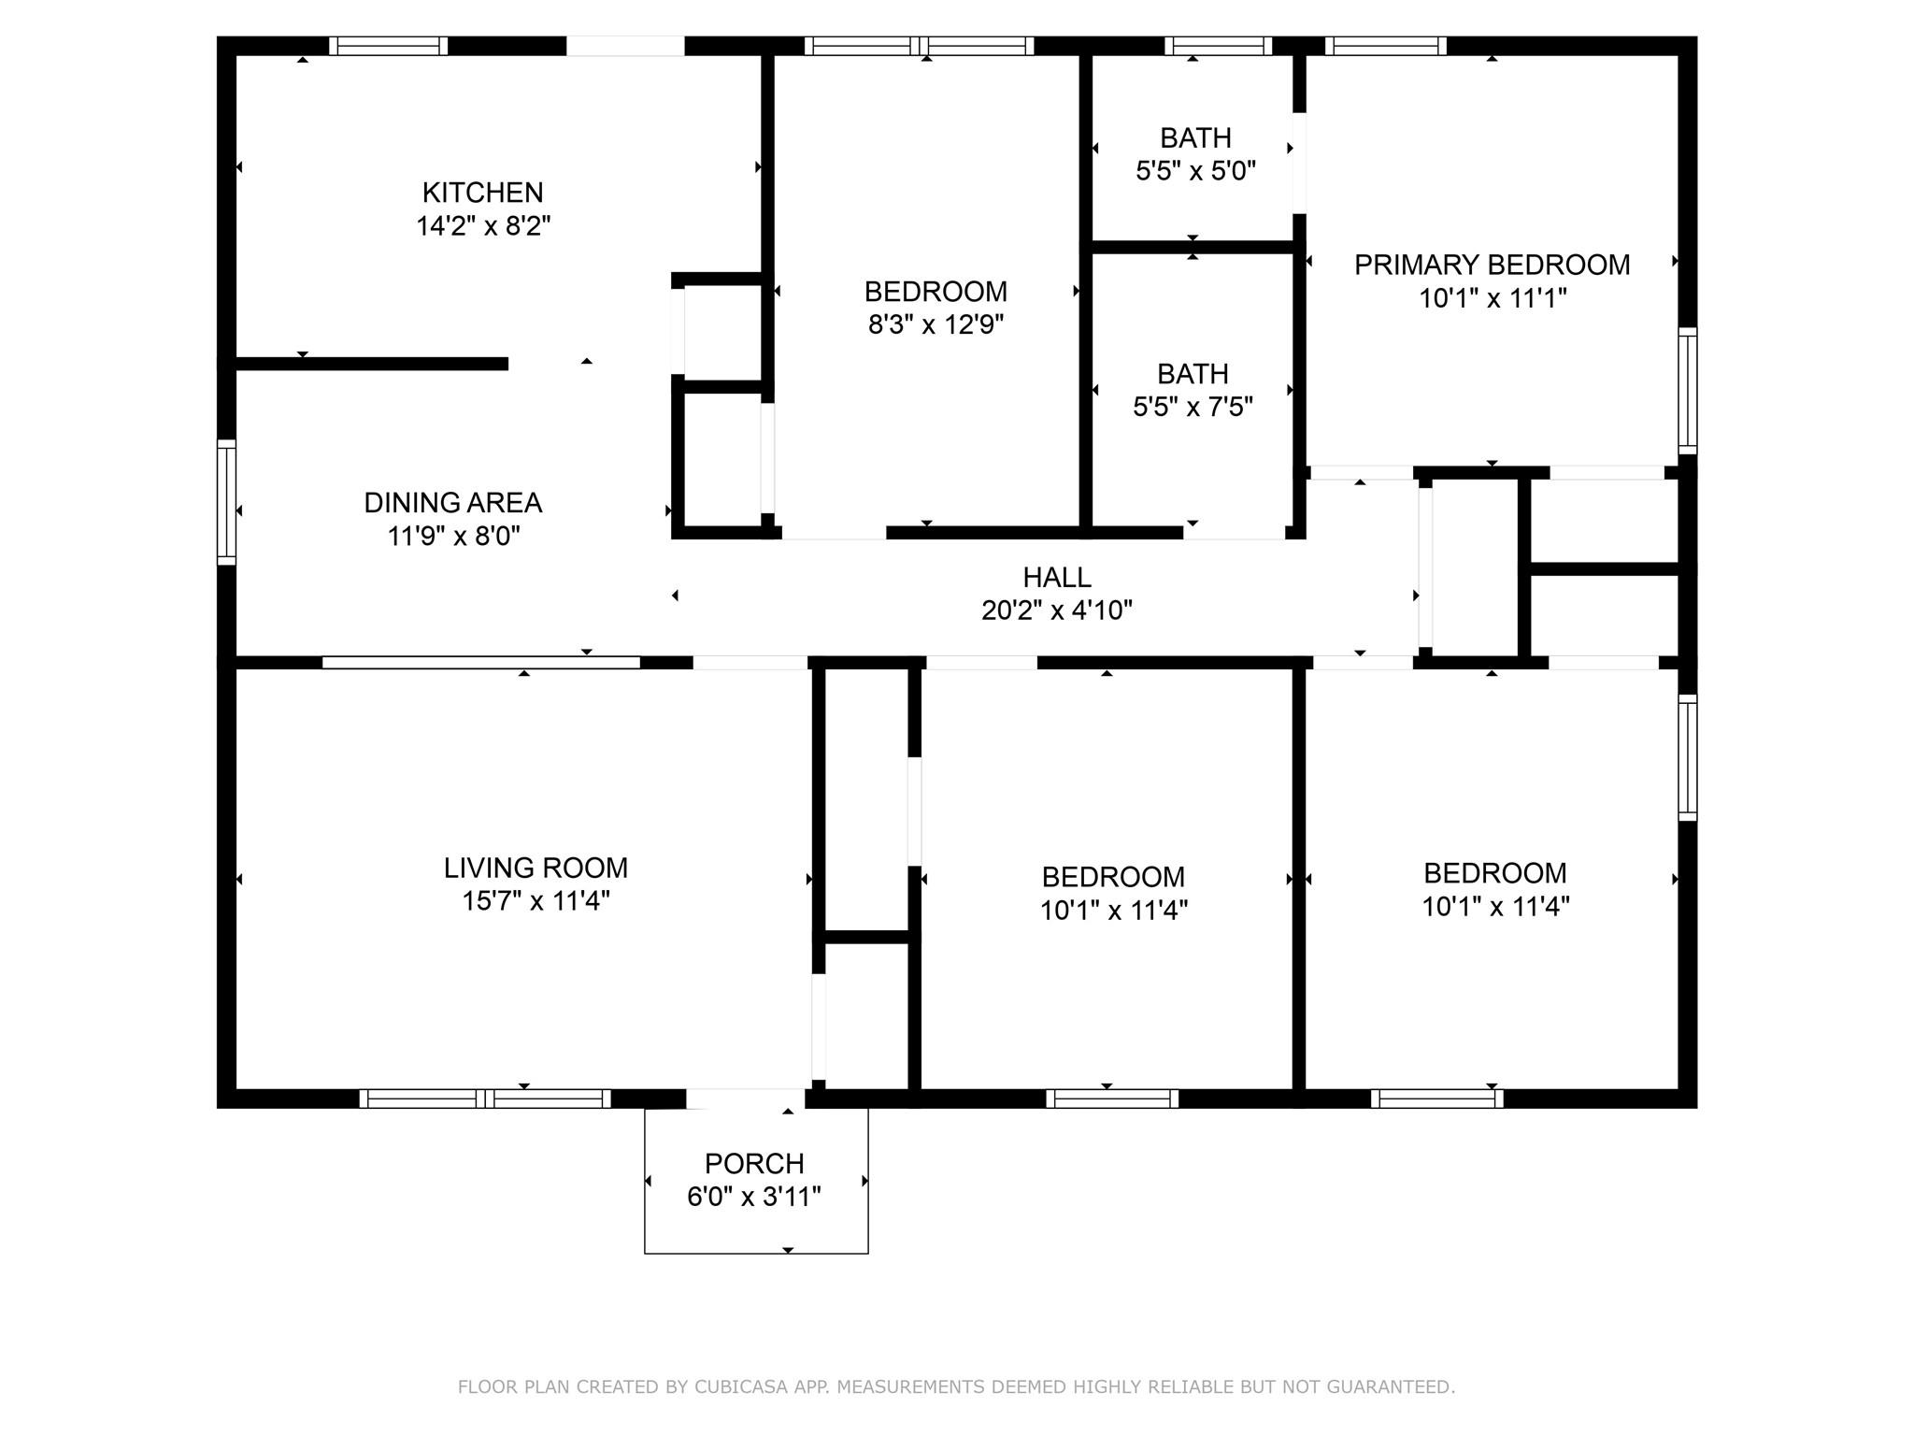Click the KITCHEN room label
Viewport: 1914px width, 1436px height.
pyautogui.click(x=482, y=193)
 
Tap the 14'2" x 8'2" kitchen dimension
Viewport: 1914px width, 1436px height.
pyautogui.click(x=482, y=226)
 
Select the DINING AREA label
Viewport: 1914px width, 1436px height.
pyautogui.click(x=452, y=503)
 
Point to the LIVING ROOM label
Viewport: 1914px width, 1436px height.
pyautogui.click(x=536, y=868)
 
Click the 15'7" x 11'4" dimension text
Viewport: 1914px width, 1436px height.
pyautogui.click(x=536, y=901)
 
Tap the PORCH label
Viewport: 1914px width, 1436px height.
pyautogui.click(x=754, y=1164)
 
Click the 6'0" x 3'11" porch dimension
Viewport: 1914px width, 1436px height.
pyautogui.click(x=754, y=1198)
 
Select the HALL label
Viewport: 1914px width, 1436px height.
pyautogui.click(x=1056, y=578)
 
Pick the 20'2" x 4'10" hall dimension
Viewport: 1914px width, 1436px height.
pyautogui.click(x=1056, y=610)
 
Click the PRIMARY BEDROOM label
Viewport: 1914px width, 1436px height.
pyautogui.click(x=1492, y=266)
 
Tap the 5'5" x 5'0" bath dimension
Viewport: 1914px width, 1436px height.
pyautogui.click(x=1195, y=171)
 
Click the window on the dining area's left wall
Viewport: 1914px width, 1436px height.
pyautogui.click(x=226, y=502)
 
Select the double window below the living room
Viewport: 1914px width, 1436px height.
pyautogui.click(x=485, y=1099)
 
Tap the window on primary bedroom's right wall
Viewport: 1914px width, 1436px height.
pyautogui.click(x=1687, y=390)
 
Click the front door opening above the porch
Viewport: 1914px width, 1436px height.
pyautogui.click(x=745, y=1099)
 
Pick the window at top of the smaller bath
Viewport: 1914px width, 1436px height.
pyautogui.click(x=1218, y=46)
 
